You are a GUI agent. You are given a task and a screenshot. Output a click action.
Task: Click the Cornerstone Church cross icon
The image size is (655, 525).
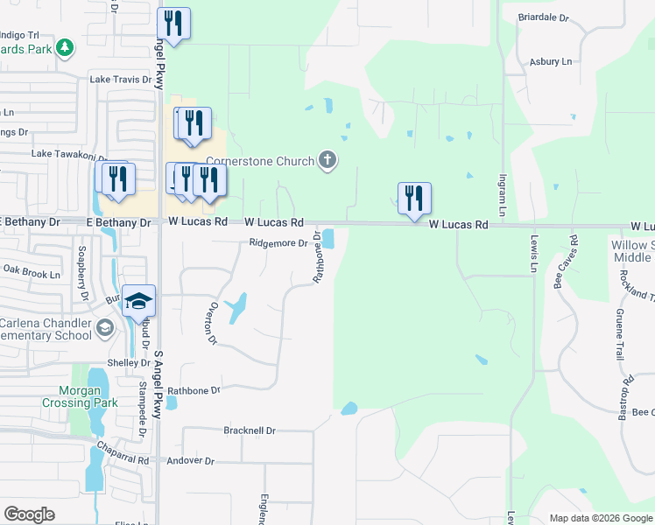pos(327,160)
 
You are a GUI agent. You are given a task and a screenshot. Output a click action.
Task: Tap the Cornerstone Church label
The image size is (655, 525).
pos(259,161)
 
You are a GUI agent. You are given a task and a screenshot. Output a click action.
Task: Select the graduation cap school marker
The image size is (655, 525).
pos(138,301)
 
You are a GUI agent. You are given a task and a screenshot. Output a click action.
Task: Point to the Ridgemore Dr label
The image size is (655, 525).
pos(279,244)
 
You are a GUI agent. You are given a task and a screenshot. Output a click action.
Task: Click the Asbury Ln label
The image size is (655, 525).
pos(550,62)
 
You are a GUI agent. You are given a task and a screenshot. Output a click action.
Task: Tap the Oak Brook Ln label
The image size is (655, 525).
pos(31,274)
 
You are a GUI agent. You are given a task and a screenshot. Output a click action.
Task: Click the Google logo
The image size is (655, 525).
pos(29,514)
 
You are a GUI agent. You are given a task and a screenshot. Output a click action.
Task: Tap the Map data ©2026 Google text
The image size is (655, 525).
pos(600,518)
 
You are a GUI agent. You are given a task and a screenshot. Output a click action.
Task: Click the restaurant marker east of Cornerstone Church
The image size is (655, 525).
pos(413,198)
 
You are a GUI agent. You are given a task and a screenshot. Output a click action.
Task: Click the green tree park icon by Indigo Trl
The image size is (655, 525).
pos(64,47)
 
